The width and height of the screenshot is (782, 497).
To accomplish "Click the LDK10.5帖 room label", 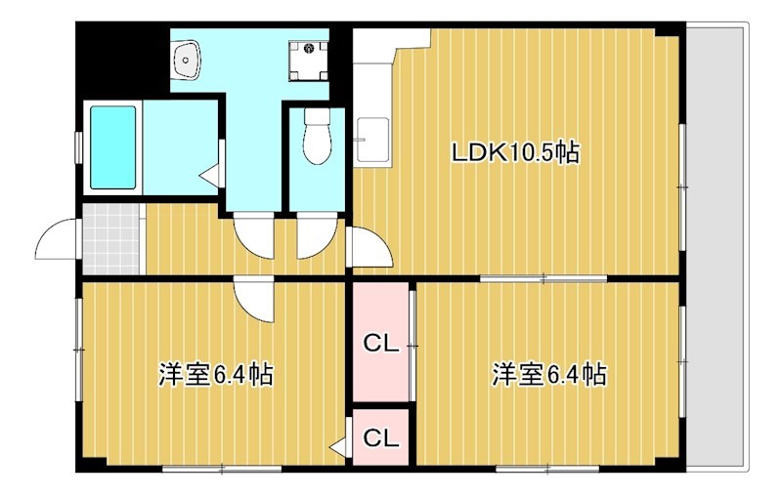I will [x=515, y=152].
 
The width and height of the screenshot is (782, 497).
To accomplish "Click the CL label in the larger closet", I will [x=380, y=343].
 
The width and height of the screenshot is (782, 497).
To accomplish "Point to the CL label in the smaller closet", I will [x=380, y=438].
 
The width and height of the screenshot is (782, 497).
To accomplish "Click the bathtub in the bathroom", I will [x=113, y=147].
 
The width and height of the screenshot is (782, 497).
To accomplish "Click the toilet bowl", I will [x=317, y=140].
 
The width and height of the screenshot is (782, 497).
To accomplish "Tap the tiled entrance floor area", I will [x=112, y=239].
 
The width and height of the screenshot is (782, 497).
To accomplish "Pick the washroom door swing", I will [x=255, y=237].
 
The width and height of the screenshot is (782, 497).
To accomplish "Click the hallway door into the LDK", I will [x=368, y=248].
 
